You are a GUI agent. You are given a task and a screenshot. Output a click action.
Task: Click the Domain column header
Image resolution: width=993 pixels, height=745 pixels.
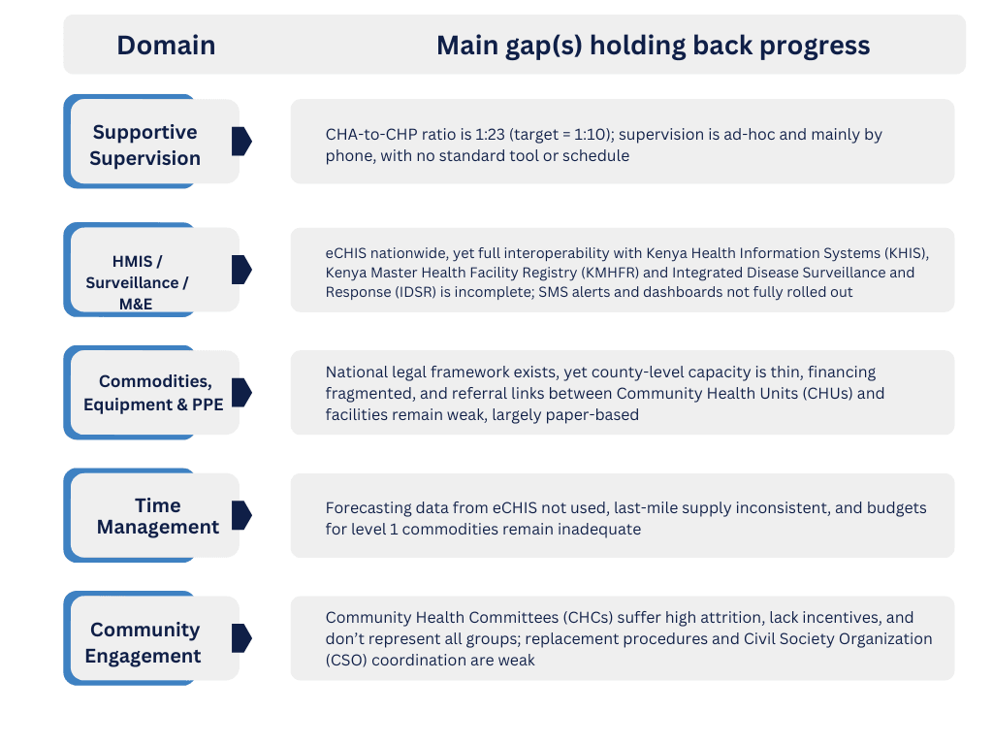click(x=166, y=46)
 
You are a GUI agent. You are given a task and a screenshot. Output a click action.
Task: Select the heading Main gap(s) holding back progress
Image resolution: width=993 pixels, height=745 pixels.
click(x=653, y=46)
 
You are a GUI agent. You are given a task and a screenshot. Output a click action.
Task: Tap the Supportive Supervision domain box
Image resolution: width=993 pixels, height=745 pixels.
click(x=152, y=142)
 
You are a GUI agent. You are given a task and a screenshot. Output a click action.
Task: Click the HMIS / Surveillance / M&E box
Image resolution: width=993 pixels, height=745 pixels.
click(x=152, y=270)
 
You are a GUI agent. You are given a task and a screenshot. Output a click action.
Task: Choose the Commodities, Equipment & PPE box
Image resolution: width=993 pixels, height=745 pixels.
click(x=152, y=392)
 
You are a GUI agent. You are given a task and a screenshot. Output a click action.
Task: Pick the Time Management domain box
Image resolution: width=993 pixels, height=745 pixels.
click(x=152, y=515)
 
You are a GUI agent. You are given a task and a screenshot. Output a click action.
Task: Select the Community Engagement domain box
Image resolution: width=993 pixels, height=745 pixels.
click(x=152, y=638)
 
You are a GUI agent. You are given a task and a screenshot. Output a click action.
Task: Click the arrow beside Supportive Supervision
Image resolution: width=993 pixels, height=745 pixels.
click(x=241, y=142)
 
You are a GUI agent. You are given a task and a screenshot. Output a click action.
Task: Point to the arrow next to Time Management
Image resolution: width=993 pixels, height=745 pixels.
click(x=241, y=515)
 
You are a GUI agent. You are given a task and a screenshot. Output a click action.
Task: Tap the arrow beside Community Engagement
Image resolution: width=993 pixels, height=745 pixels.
click(x=241, y=638)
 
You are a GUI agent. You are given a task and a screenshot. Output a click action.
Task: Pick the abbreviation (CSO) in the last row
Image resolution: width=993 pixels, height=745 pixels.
click(x=346, y=660)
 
